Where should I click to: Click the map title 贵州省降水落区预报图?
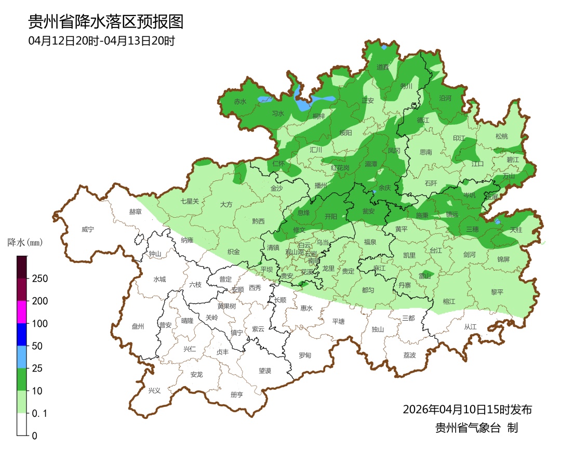[105, 22]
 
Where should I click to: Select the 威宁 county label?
[89, 229]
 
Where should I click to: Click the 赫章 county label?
[135, 212]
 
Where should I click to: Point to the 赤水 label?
[240, 102]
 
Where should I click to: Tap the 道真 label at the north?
[383, 67]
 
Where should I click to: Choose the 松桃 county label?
[501, 137]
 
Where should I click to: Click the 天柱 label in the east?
[516, 229]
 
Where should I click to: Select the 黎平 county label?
[497, 292]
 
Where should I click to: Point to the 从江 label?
[470, 327]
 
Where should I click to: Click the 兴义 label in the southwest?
[155, 390]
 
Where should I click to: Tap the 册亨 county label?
[236, 394]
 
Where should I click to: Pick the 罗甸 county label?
[305, 355]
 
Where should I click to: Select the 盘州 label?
[138, 326]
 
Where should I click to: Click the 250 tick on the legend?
[39, 279]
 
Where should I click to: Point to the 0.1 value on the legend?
[39, 414]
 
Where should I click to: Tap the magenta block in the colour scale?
[22, 312]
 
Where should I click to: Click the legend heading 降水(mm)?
[25, 242]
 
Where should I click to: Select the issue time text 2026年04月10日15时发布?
[467, 410]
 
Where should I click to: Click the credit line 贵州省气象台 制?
[476, 428]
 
